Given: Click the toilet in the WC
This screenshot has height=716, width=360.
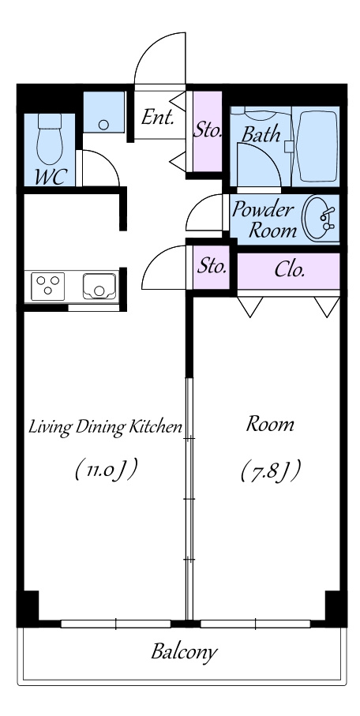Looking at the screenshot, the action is (x=50, y=139).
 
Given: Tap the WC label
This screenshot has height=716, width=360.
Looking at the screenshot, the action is (x=51, y=177).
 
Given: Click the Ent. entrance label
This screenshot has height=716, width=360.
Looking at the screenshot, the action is (x=157, y=117).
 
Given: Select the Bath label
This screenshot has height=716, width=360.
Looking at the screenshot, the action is (x=261, y=134).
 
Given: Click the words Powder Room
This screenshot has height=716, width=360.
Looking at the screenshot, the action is (x=263, y=219).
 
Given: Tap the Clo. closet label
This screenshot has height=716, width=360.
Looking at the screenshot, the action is (x=289, y=270).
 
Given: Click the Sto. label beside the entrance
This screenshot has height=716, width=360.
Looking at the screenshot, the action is (x=208, y=130).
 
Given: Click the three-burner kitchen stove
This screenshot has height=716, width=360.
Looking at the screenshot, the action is (x=47, y=287).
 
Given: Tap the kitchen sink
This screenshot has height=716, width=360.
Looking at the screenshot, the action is (x=99, y=287).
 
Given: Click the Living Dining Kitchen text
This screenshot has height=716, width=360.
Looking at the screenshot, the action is (x=106, y=427).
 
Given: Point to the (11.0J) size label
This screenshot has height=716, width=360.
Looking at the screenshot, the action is (x=106, y=470).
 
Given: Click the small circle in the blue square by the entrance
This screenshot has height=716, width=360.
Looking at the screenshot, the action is (x=104, y=124).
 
